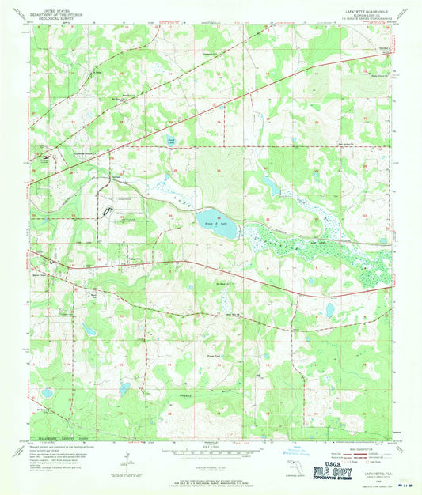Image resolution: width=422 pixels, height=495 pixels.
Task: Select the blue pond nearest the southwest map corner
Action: click(47, 392)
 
